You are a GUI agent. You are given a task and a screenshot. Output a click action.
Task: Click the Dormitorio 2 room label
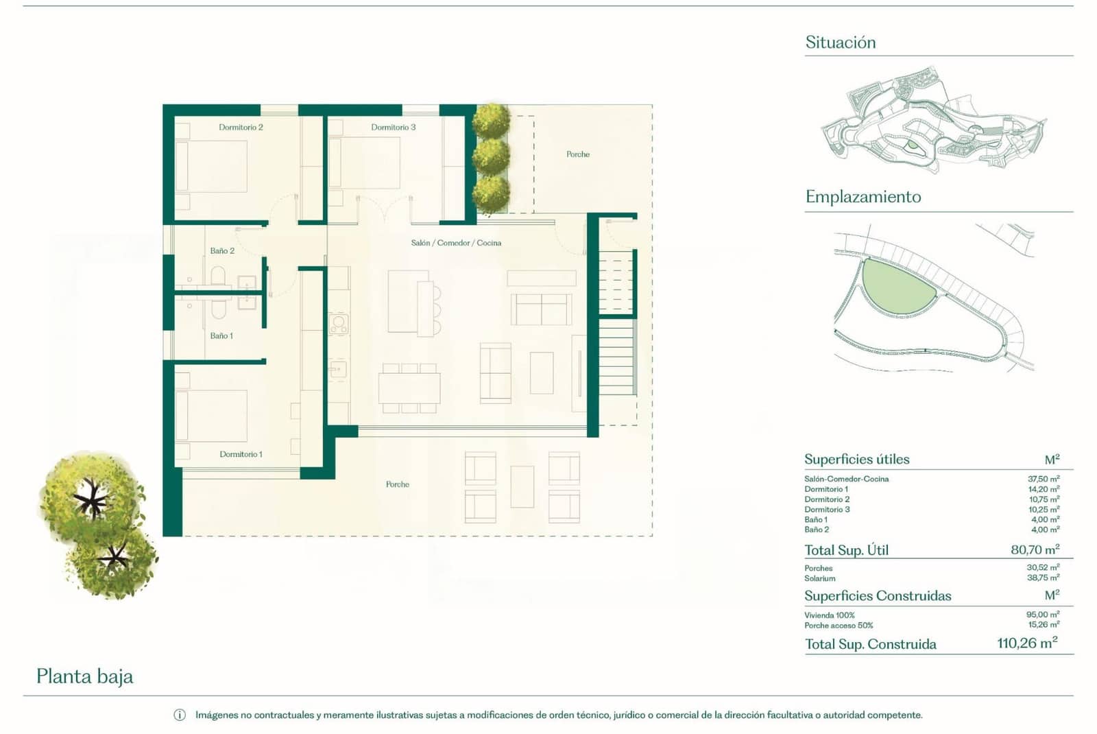(x=241, y=128)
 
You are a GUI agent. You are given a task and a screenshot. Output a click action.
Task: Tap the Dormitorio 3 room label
(x=393, y=128)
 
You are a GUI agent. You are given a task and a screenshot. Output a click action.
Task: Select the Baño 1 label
(x=221, y=336)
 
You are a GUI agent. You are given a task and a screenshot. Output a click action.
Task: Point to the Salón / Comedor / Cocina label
(x=456, y=243)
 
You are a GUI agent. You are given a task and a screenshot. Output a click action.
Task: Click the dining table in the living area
(x=409, y=388)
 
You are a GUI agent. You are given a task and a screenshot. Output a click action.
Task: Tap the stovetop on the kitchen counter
(x=339, y=324)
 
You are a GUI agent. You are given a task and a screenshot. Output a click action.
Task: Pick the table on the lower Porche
(x=522, y=486)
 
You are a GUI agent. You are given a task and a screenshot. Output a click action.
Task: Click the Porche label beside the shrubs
(x=578, y=154)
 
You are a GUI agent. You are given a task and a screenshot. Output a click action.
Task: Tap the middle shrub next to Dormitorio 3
(x=491, y=156)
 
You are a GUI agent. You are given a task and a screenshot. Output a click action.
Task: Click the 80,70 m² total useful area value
(x=1035, y=549)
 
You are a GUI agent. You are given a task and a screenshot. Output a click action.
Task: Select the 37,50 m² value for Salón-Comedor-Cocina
(x=1044, y=479)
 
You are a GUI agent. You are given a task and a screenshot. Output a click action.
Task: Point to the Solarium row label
(x=819, y=578)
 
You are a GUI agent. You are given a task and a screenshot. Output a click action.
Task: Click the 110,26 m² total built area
(x=1027, y=643)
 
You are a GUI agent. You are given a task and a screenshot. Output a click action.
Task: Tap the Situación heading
(x=841, y=43)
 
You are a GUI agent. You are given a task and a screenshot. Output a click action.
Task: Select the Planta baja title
(x=85, y=676)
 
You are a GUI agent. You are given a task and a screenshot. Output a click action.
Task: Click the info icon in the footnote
(x=180, y=715)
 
